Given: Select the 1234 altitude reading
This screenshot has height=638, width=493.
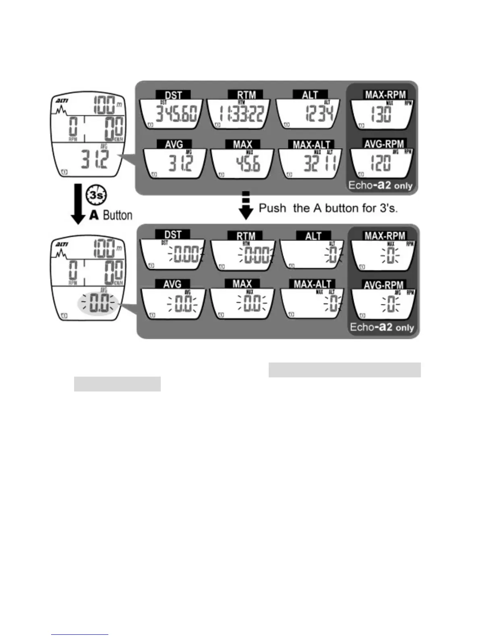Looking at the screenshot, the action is pos(319,114).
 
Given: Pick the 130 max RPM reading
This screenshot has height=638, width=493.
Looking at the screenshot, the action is pos(381,114).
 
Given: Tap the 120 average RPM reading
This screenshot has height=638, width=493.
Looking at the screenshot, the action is pos(380,163).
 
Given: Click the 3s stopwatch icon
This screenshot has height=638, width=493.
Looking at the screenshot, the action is pos(97,195).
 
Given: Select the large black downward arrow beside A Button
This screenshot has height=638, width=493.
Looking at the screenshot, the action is pos(79,204).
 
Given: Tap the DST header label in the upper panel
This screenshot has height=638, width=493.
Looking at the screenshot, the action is pos(173,95).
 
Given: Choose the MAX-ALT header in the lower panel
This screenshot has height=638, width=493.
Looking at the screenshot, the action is pos(312,284).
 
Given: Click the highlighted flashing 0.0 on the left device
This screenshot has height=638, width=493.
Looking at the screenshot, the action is pos(99,304).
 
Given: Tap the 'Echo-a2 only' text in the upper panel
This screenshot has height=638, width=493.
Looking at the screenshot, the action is pos(380,186).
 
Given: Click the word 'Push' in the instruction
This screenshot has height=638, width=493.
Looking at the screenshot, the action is pos(272,208).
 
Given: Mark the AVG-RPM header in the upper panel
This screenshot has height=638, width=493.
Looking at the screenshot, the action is pos(384,144).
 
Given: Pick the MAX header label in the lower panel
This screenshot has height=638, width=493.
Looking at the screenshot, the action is pos(242,284).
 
